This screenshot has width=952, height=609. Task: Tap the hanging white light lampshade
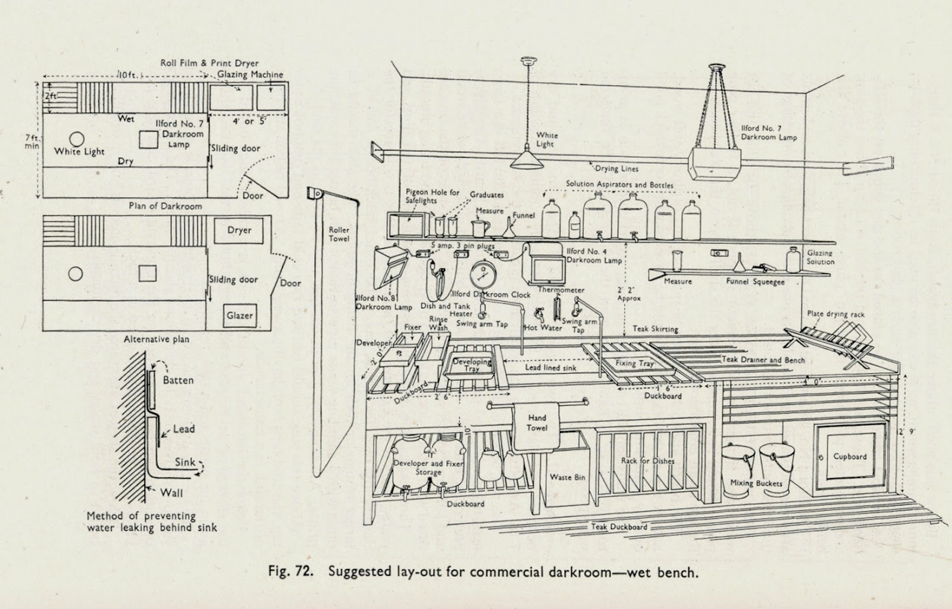pos(527,160)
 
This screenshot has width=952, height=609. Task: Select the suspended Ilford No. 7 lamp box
pos(714,164)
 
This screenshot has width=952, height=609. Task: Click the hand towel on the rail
pos(537,427)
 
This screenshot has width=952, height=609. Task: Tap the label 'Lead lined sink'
pos(551,367)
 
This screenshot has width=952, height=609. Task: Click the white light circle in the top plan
pos(77,139)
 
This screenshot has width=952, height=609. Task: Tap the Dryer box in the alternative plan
pos(239,230)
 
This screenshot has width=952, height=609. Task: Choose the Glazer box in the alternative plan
pos(240,316)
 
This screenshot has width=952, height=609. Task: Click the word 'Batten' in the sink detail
pos(178,380)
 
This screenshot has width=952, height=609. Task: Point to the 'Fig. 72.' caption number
pos(291,571)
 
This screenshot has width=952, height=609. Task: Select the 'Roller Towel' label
pos(339,235)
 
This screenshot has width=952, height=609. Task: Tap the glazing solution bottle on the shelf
pos(793,260)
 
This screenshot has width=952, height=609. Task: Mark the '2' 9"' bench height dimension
pos(906,432)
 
